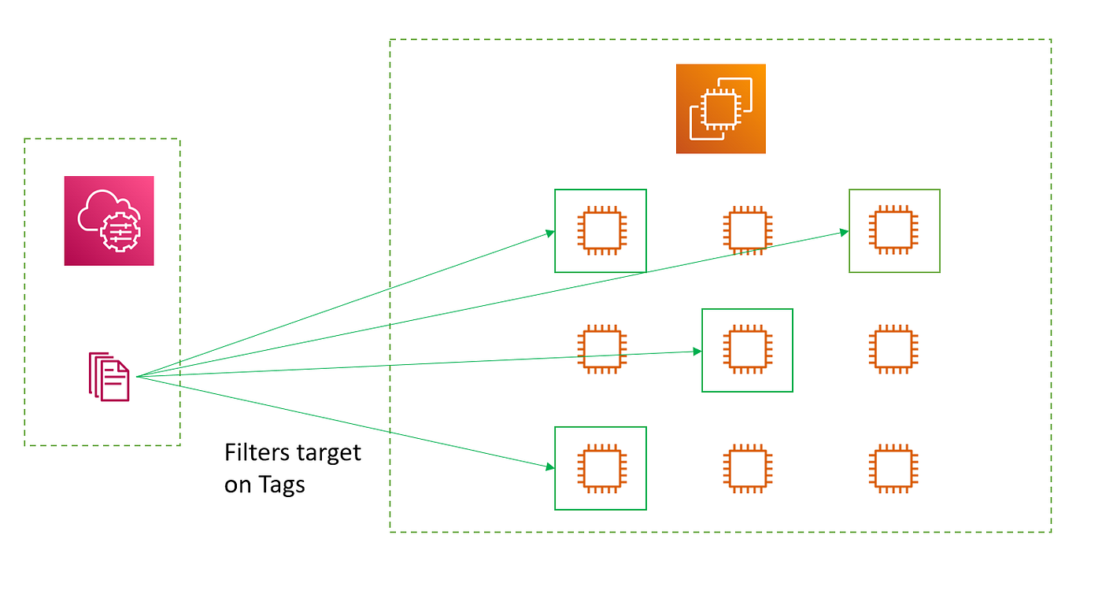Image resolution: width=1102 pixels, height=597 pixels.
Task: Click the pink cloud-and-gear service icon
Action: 109,220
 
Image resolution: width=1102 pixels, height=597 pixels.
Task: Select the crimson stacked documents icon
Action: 109,377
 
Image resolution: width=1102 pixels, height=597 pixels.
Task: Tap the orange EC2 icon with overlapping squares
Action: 720,109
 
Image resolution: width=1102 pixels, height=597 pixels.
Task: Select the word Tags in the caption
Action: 281,485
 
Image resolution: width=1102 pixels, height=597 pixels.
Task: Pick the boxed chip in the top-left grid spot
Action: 601,230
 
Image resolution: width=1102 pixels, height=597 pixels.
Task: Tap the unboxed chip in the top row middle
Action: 746,230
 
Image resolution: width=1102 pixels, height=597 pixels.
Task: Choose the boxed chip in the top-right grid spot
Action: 894,230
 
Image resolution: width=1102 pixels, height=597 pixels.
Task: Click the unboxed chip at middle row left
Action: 601,349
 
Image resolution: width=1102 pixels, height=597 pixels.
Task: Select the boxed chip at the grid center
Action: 747,349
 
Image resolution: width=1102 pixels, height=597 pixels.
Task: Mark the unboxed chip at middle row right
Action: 894,349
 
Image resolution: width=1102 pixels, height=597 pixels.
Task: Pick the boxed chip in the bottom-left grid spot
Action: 601,468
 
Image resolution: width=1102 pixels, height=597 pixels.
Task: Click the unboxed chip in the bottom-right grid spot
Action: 894,468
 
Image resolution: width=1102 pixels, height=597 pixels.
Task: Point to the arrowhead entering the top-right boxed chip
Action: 844,232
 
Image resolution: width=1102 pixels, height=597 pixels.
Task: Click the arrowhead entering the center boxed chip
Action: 697,352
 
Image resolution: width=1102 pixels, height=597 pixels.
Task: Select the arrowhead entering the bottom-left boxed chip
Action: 550,467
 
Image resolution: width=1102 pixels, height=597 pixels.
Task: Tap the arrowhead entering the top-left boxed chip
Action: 550,234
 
